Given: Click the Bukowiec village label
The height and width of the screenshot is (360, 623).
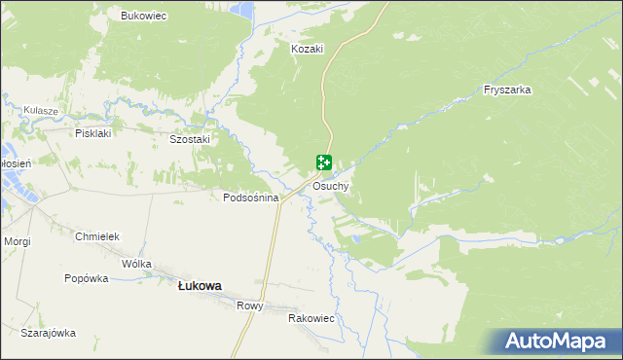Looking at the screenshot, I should (144, 16).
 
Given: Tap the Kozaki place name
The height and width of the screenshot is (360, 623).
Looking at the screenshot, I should (307, 48).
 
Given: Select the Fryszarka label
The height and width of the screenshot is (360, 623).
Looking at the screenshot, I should (506, 90).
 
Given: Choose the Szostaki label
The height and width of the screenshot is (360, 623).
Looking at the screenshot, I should (190, 139).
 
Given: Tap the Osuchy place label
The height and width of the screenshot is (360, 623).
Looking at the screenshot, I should (331, 186).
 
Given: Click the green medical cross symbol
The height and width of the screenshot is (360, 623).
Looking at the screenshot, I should (324, 163).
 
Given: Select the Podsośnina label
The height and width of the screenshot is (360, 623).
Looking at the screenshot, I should (251, 198).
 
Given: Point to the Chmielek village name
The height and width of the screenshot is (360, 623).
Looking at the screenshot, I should (96, 236).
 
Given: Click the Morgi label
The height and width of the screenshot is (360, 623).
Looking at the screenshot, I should (18, 240).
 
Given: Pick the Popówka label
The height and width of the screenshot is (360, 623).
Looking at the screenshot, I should (86, 278).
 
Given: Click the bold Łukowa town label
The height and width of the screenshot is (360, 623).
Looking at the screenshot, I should (200, 286).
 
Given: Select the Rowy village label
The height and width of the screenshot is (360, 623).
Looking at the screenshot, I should (249, 306).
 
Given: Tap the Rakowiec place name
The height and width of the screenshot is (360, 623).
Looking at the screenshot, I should (311, 318).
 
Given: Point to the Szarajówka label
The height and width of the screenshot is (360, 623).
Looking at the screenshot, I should (48, 333).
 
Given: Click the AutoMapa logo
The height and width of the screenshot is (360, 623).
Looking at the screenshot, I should (556, 342).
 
